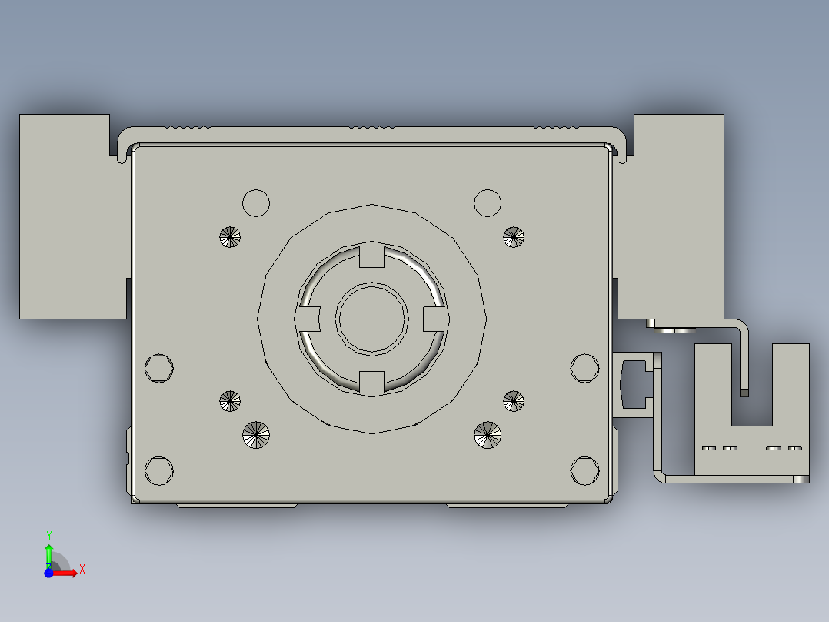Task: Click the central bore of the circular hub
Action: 372,319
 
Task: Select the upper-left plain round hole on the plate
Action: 256,203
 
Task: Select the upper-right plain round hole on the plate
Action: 488,203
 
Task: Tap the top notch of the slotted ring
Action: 372,256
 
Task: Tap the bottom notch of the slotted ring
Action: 372,381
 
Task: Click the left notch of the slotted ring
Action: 309,316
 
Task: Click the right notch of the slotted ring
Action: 435,316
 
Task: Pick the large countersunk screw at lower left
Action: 256,435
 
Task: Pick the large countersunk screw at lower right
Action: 487,435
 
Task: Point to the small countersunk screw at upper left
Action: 230,237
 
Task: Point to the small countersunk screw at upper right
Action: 514,237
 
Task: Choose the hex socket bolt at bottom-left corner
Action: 158,470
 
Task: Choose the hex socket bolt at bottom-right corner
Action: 584,470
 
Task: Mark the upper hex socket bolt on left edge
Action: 158,368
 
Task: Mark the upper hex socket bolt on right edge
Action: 584,368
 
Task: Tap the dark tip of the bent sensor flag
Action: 744,393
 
